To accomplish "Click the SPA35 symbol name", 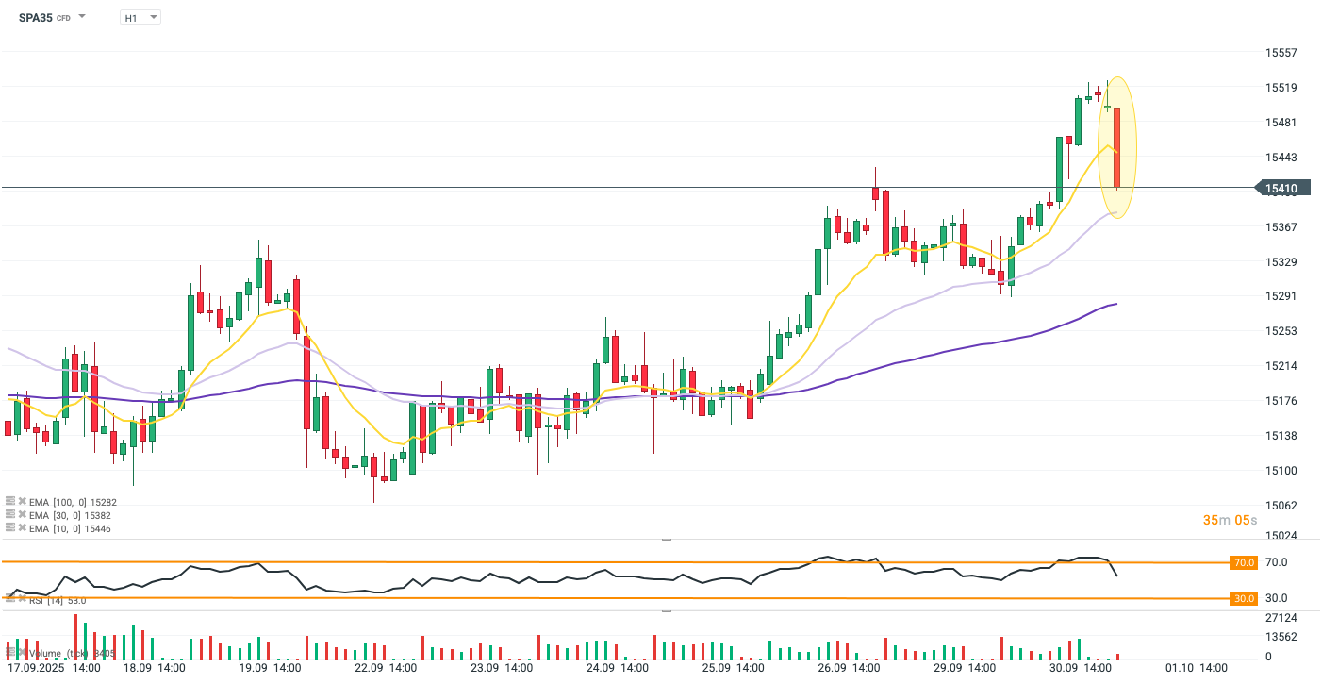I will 35,17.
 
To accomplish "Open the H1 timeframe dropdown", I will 140,17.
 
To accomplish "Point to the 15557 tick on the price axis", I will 1281,53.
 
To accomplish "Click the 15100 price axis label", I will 1281,470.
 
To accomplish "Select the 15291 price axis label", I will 1281,296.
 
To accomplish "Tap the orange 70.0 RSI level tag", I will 1244,562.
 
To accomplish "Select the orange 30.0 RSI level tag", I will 1244,598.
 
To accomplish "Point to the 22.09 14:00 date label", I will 386,667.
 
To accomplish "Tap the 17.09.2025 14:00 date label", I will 53,667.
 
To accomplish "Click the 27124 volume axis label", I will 1281,617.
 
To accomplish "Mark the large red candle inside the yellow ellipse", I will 1116,147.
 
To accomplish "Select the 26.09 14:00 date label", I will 849,667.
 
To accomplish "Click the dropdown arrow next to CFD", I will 82,17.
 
